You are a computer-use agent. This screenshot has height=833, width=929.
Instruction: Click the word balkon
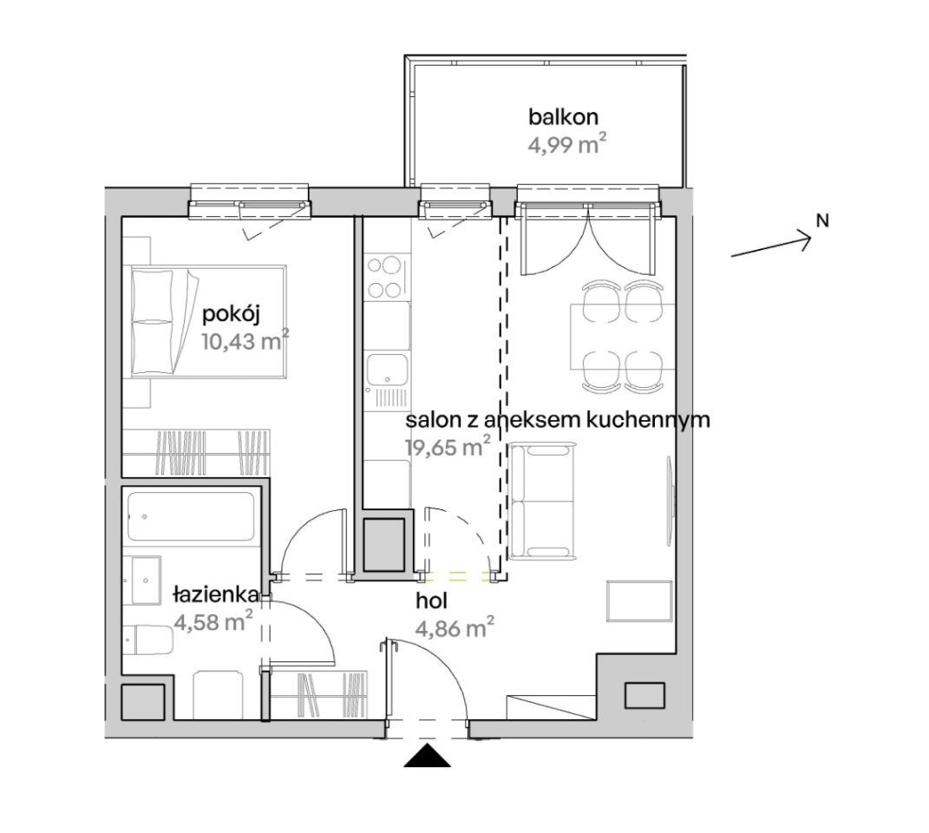563,117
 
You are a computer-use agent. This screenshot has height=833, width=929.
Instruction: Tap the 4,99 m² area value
567,144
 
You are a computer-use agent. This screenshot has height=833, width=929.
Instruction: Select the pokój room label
231,314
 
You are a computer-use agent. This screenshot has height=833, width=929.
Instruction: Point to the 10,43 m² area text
245,341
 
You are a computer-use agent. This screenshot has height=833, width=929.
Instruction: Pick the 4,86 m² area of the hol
455,628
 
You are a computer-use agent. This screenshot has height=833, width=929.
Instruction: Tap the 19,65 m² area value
448,447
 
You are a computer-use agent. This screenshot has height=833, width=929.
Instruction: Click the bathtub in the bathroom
191,516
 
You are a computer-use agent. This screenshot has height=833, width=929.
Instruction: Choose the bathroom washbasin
142,580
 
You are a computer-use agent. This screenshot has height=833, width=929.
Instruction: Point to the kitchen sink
387,369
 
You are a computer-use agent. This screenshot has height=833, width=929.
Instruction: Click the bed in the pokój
208,321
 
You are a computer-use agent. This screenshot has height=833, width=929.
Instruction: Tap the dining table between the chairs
622,336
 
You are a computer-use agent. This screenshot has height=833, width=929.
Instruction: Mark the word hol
431,601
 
